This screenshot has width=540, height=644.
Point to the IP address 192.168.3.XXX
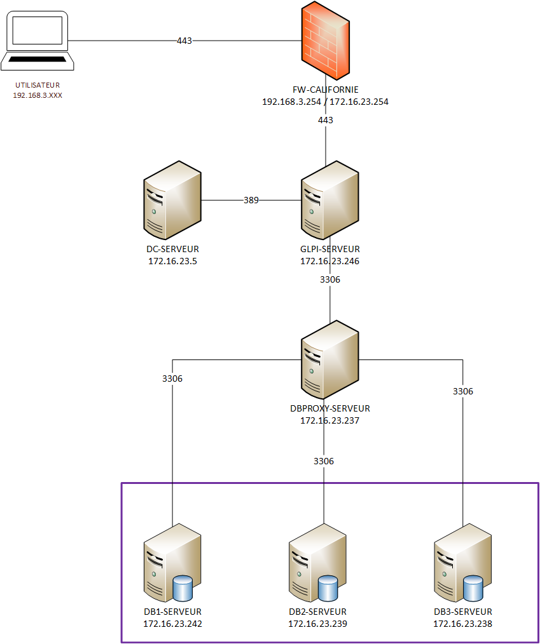pos(38,95)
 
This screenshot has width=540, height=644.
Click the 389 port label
pos(251,200)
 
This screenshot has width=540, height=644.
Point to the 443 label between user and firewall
pos(184,41)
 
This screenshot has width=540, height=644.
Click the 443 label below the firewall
pos(326,119)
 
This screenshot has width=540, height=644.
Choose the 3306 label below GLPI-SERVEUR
pos(329,279)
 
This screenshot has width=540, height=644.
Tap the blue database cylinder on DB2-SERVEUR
pos(328,588)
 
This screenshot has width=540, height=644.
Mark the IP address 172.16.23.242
pos(172,624)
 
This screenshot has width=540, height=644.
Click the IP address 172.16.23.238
pos(462,624)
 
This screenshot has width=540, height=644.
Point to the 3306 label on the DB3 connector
pos(463,391)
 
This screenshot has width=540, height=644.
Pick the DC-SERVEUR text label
pos(172,250)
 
